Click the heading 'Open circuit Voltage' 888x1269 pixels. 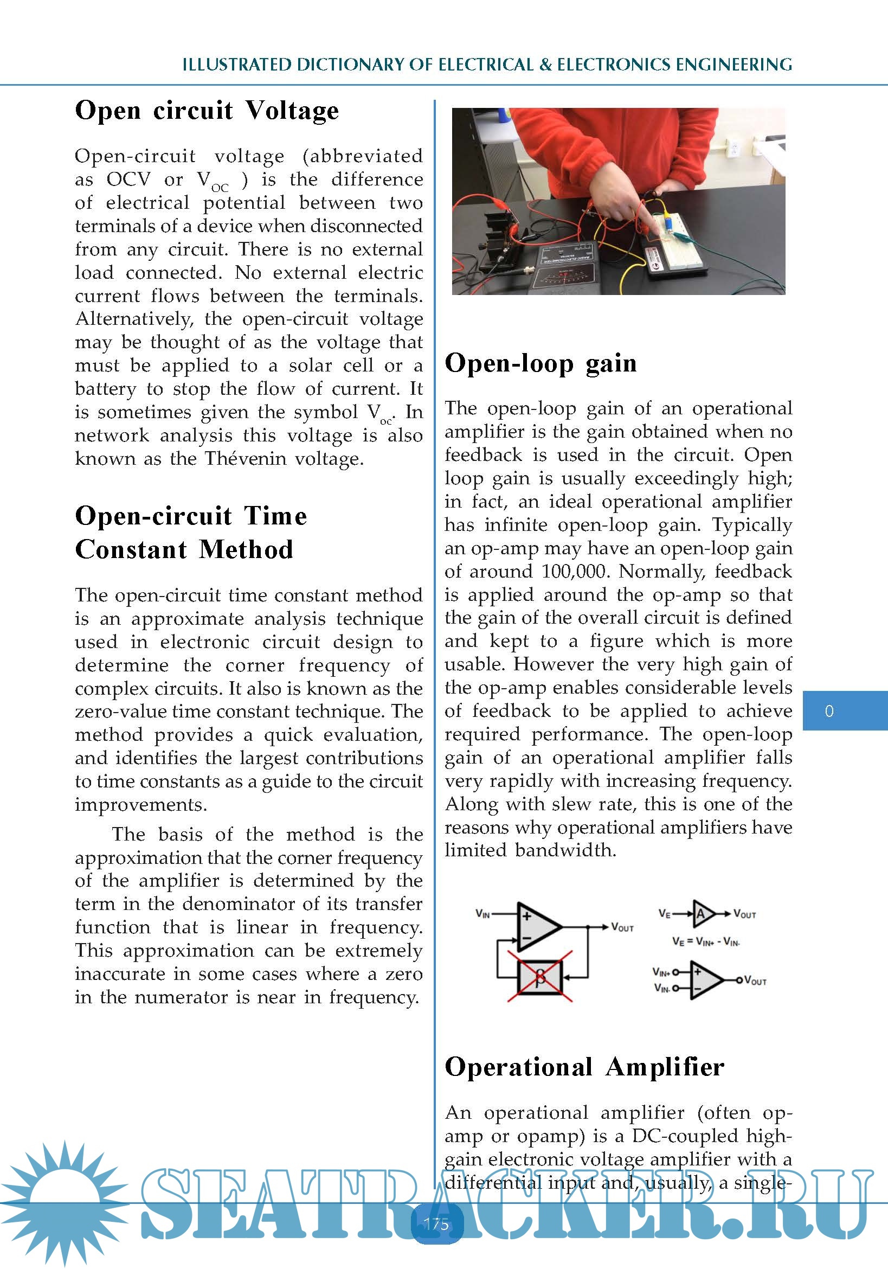(x=207, y=111)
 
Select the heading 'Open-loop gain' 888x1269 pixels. (x=540, y=364)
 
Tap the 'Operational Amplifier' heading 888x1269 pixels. (x=584, y=1067)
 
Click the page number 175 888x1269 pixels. (x=436, y=1223)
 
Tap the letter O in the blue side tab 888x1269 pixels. (x=829, y=711)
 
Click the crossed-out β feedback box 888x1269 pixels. (x=540, y=977)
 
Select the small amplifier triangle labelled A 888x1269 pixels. (x=701, y=914)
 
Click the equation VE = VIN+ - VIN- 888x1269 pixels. (x=706, y=941)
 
